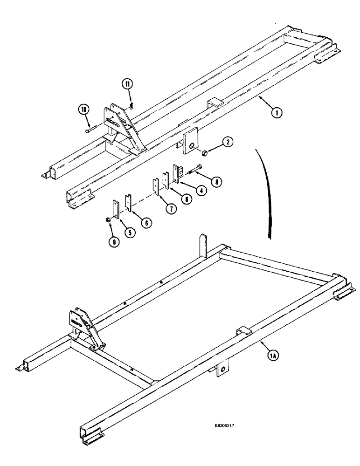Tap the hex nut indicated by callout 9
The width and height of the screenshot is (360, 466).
pos(108,219)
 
